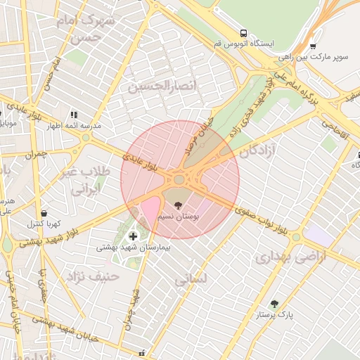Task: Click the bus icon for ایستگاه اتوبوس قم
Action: [x=243, y=33]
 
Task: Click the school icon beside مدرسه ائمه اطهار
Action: [x=73, y=114]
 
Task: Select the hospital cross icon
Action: [x=134, y=236]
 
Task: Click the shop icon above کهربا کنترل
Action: [x=44, y=213]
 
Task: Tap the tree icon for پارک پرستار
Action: [x=274, y=304]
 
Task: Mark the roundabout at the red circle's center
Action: [x=179, y=180]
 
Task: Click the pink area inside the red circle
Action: [x=150, y=210]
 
